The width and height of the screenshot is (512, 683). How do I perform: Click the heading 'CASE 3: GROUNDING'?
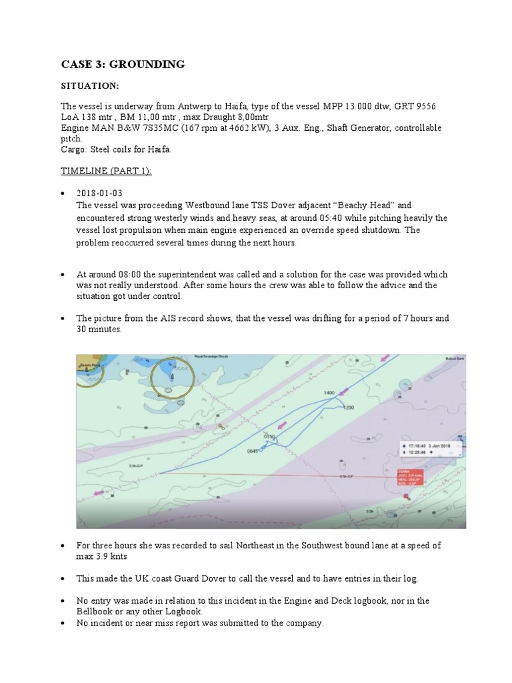click(x=123, y=64)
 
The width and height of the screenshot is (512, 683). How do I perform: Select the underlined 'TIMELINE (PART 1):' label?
click(x=106, y=171)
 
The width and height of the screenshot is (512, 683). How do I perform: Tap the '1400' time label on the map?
click(x=329, y=393)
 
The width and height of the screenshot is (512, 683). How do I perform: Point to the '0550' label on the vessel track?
click(x=269, y=437)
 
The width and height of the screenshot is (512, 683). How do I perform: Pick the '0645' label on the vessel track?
click(x=253, y=452)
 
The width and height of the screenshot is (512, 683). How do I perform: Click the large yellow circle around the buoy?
click(x=171, y=378)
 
